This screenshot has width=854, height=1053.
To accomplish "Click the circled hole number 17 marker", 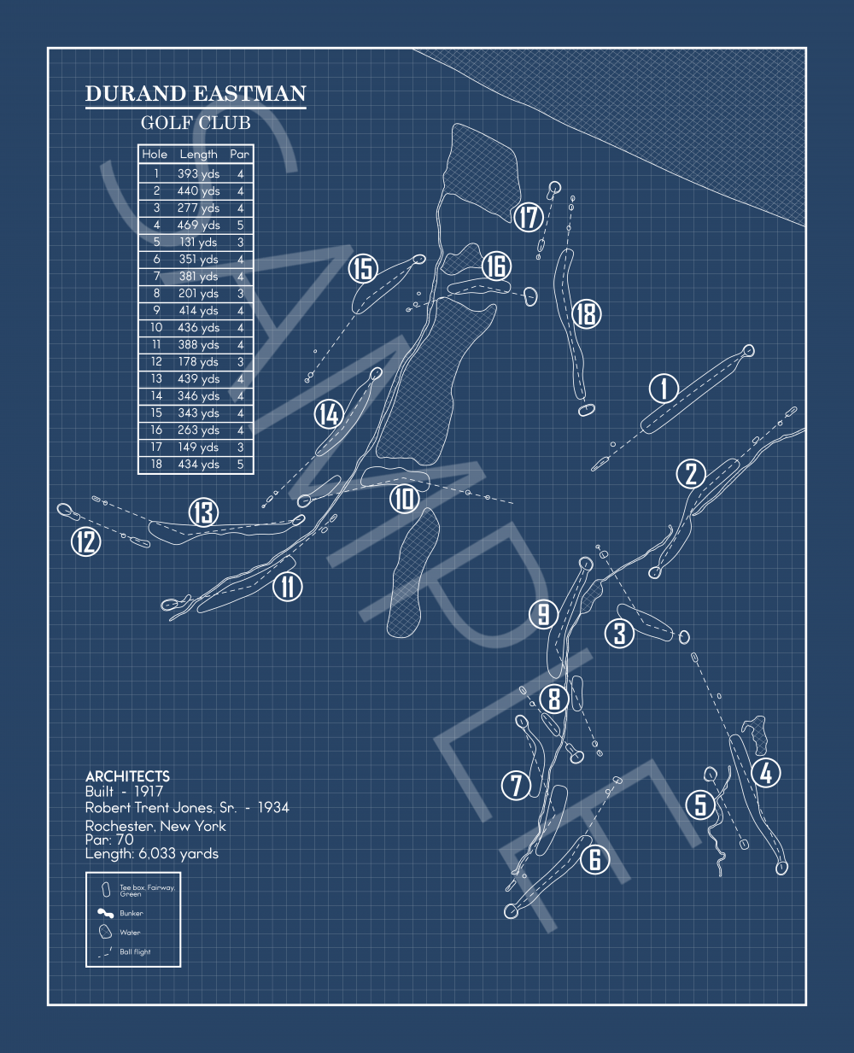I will pyautogui.click(x=529, y=217).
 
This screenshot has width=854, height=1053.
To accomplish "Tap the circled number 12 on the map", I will pyautogui.click(x=86, y=541).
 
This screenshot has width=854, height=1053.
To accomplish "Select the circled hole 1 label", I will pyautogui.click(x=664, y=389).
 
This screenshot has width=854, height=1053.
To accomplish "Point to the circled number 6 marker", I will pyautogui.click(x=594, y=859).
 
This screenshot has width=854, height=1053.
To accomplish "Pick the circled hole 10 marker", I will pyautogui.click(x=405, y=498).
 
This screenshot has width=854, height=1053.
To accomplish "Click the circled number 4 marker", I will pyautogui.click(x=766, y=772).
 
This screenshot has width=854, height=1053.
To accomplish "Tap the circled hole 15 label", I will pyautogui.click(x=364, y=269).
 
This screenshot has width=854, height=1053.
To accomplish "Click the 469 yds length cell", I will pyautogui.click(x=198, y=225).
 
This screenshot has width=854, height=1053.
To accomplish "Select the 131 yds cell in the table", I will pyautogui.click(x=198, y=243).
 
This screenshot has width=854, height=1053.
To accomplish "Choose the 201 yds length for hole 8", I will pyautogui.click(x=198, y=294).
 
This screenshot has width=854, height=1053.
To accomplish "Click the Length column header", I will pyautogui.click(x=198, y=155).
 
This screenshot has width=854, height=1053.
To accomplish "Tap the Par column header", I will pyautogui.click(x=240, y=155).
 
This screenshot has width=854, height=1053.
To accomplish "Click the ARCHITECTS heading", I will pyautogui.click(x=127, y=776).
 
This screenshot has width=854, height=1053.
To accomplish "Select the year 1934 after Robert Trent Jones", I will pyautogui.click(x=273, y=807).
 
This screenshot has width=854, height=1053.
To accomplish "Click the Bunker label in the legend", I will pyautogui.click(x=131, y=914).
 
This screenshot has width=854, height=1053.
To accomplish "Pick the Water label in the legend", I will pyautogui.click(x=130, y=933).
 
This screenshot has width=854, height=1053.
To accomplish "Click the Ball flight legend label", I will pyautogui.click(x=135, y=952).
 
